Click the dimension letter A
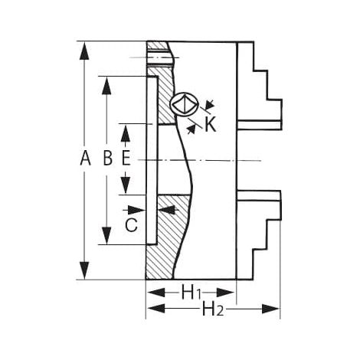click(x=85, y=158)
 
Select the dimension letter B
click(x=108, y=158)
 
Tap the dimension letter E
click(x=126, y=158)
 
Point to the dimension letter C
click(x=132, y=224)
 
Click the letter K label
click(x=211, y=125)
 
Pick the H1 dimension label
click(x=191, y=293)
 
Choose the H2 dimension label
click(x=213, y=309)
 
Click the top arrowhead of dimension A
click(x=84, y=51)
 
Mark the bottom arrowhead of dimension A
click(x=84, y=270)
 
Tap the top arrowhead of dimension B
click(x=106, y=86)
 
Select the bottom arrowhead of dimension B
click(x=106, y=235)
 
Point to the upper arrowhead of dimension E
click(x=126, y=133)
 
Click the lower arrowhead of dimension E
click(x=126, y=185)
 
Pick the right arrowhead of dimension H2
click(x=270, y=309)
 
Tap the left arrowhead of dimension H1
click(x=156, y=293)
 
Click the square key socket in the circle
click(x=185, y=105)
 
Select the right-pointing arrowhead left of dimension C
click(x=136, y=210)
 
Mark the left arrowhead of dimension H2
click(x=156, y=309)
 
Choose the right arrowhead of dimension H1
click(x=225, y=293)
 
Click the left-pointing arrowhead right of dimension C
click(x=168, y=210)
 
